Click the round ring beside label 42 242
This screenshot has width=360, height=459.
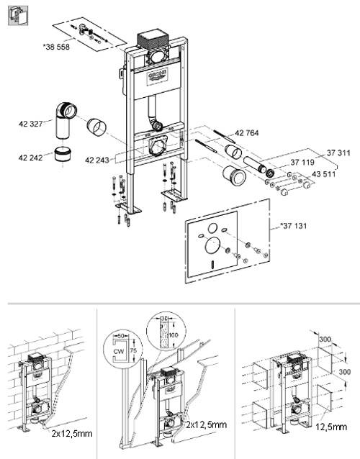click(x=63, y=154)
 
